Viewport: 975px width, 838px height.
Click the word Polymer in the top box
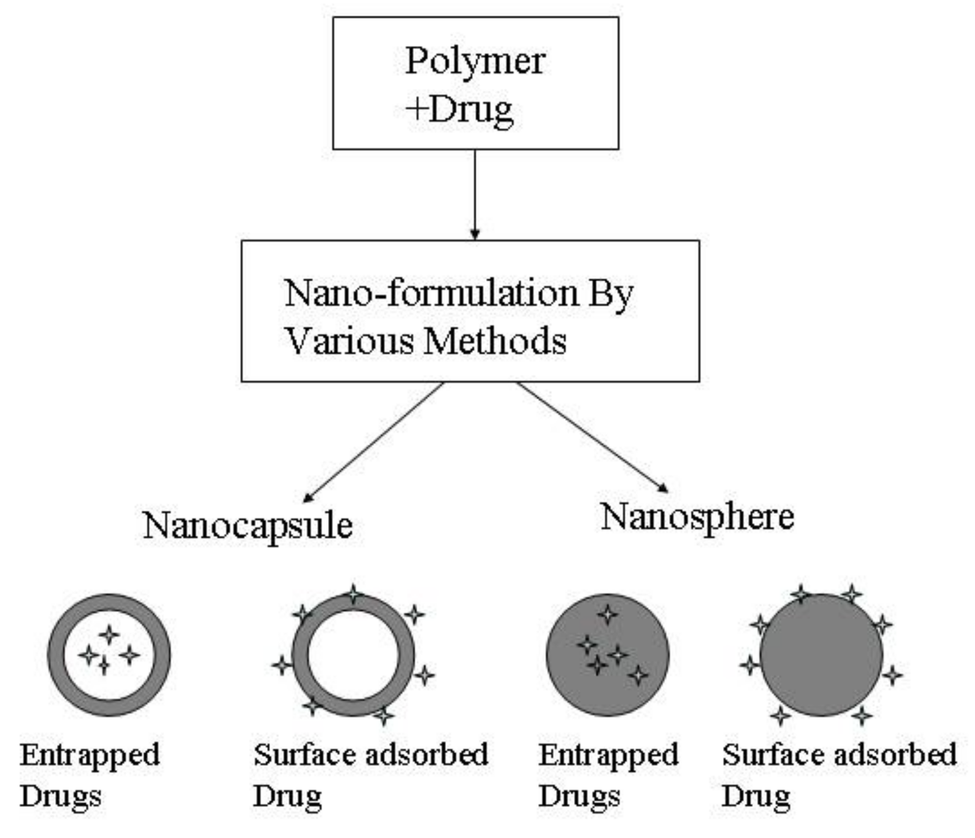[475, 62]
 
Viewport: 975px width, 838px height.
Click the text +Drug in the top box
[459, 110]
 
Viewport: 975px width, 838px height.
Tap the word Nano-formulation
[431, 294]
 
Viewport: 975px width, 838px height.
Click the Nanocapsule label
[248, 526]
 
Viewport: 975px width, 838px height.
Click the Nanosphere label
[697, 518]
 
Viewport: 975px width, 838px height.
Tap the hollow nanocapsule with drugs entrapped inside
[109, 655]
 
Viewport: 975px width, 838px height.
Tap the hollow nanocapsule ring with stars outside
[353, 655]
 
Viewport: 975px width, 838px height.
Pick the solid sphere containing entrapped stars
[607, 655]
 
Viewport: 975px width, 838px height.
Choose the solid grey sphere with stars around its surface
[821, 655]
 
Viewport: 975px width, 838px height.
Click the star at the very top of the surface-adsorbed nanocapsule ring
[353, 594]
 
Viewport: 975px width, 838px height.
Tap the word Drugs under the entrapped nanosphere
[579, 796]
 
